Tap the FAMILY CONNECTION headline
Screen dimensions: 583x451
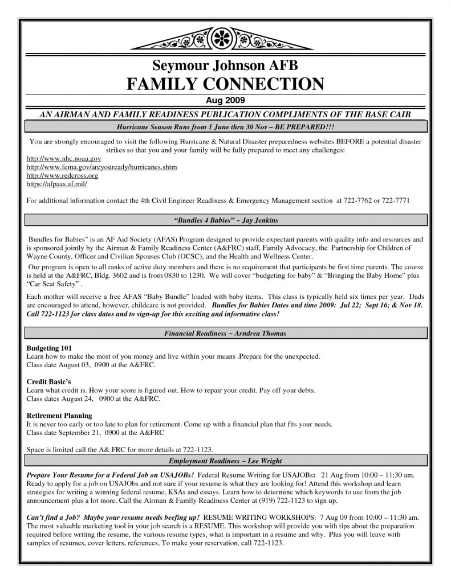coord(225,84)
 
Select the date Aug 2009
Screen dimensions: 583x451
coord(225,100)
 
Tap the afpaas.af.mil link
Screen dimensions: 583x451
coord(57,184)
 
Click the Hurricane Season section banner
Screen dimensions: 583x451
coord(225,125)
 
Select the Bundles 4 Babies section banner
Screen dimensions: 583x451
coord(225,219)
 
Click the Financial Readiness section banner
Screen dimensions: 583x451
coord(225,333)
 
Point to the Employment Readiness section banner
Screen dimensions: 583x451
coord(225,461)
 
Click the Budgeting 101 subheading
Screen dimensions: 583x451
coord(49,347)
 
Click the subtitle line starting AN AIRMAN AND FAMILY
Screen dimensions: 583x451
coord(225,114)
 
